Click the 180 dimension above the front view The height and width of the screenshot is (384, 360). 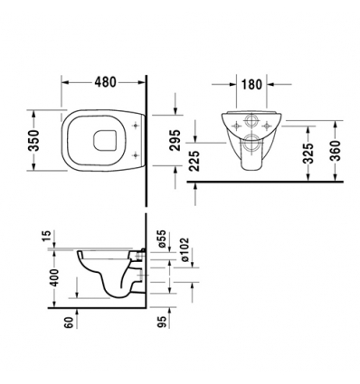click(x=252, y=89)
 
